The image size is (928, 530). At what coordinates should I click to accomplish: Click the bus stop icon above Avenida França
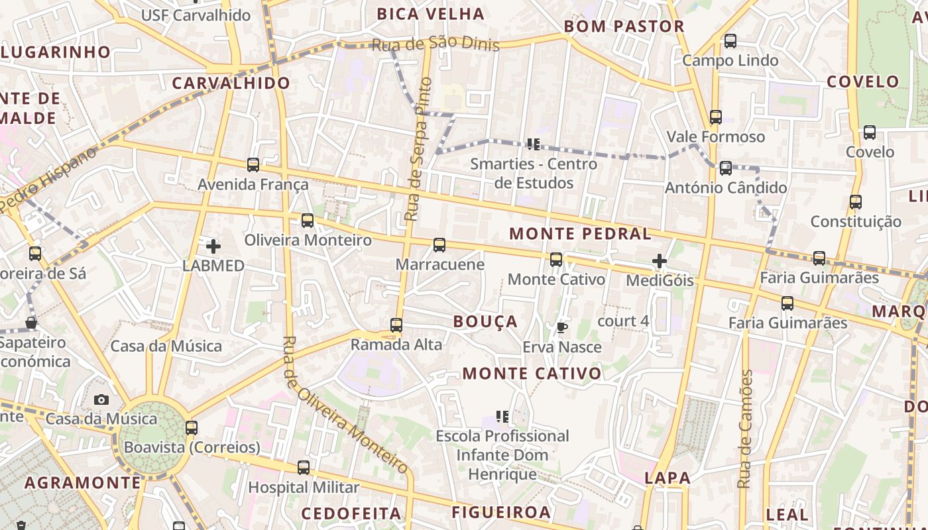click(x=253, y=164)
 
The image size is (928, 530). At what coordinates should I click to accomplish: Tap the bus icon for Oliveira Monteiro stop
click(x=307, y=221)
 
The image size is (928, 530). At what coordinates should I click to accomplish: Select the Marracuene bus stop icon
click(x=439, y=245)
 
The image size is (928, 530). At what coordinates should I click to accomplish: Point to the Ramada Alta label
click(x=396, y=344)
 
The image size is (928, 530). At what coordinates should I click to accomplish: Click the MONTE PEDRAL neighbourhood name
click(x=580, y=234)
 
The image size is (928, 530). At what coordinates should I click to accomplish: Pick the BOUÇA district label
click(x=485, y=322)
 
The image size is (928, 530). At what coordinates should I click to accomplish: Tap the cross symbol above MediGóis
click(x=659, y=261)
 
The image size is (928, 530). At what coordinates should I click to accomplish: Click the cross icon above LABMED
click(x=213, y=246)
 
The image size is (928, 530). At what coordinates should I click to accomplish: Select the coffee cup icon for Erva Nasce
click(x=561, y=327)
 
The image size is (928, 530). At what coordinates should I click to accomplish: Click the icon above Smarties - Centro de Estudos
click(x=533, y=144)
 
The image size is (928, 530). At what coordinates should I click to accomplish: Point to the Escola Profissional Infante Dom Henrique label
click(x=502, y=455)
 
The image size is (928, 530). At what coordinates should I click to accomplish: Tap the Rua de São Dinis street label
click(x=435, y=44)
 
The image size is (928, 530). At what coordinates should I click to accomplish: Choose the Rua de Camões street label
click(x=746, y=429)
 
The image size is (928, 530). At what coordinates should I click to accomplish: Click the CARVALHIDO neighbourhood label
click(x=231, y=83)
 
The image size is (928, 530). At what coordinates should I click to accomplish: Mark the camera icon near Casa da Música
click(x=101, y=399)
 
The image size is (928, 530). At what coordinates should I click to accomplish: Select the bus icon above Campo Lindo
click(x=730, y=41)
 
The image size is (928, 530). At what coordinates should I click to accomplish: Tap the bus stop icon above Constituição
click(x=856, y=202)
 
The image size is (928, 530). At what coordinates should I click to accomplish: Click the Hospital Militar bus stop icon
click(x=303, y=468)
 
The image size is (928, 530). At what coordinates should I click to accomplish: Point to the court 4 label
click(x=622, y=321)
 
